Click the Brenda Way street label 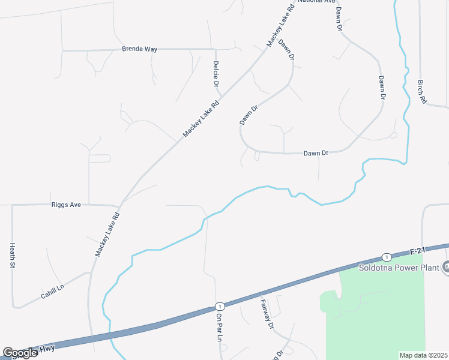pyautogui.click(x=139, y=49)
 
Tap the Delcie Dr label pyautogui.click(x=215, y=73)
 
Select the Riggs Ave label pyautogui.click(x=66, y=205)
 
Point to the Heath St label pyautogui.click(x=12, y=254)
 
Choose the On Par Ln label pyautogui.click(x=220, y=328)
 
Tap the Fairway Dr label pyautogui.click(x=267, y=314)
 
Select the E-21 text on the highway pyautogui.click(x=418, y=250)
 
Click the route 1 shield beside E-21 pyautogui.click(x=388, y=256)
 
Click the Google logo pyautogui.click(x=19, y=353)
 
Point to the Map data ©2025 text pyautogui.click(x=423, y=355)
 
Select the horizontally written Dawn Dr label pyautogui.click(x=316, y=153)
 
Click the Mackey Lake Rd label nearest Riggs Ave pyautogui.click(x=107, y=234)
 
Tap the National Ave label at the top pyautogui.click(x=316, y=2)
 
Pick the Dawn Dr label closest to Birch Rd pyautogui.click(x=381, y=87)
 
